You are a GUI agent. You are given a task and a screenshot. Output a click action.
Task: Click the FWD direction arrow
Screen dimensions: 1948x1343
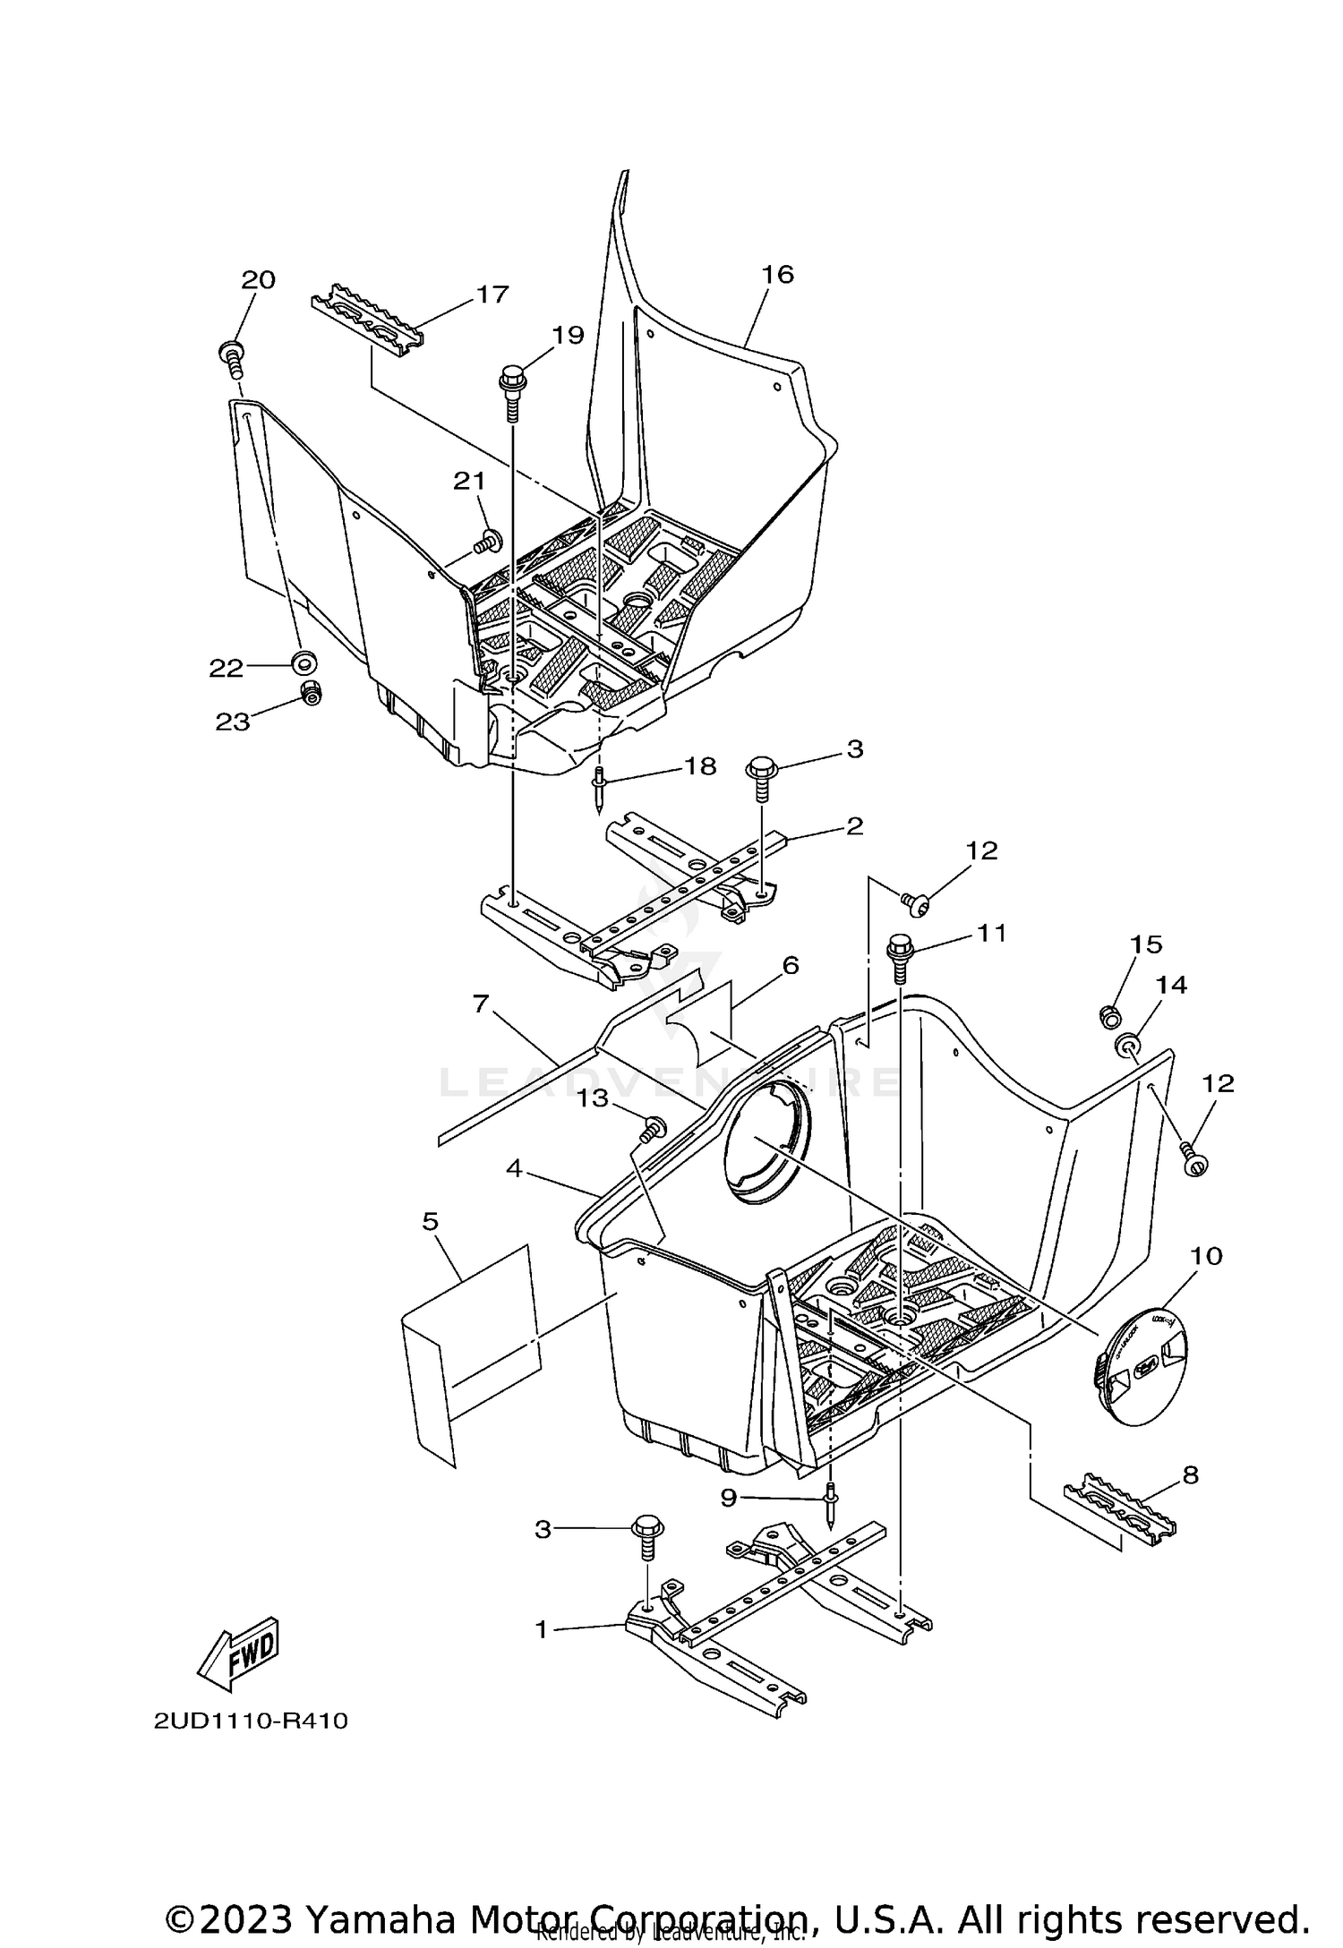pos(239,1656)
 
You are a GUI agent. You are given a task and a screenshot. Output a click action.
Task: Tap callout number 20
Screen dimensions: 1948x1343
pos(258,279)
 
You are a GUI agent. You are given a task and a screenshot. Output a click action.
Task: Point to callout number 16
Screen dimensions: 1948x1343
pos(777,274)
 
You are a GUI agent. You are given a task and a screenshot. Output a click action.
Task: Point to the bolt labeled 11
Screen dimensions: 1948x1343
pos(900,958)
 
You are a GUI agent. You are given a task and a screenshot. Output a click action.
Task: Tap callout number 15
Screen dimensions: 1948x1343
pos(1145,944)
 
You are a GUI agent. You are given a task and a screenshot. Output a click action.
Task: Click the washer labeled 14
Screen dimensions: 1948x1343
pos(1127,1044)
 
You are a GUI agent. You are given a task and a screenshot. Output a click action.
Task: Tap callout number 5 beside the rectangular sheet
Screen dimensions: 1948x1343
pos(431,1221)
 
